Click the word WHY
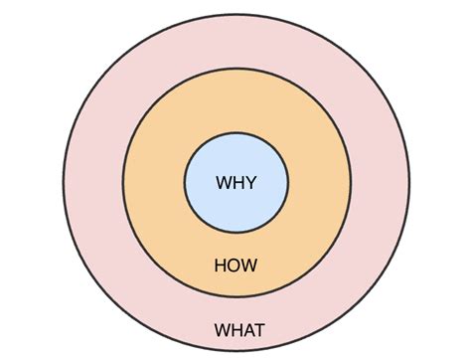[236, 183]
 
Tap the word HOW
[236, 266]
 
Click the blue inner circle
[236, 159]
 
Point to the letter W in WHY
[223, 183]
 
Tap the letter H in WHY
[236, 183]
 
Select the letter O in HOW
[235, 266]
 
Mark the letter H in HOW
[222, 266]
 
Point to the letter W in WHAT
[221, 329]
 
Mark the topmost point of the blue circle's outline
[236, 132]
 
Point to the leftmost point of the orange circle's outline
[122, 184]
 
